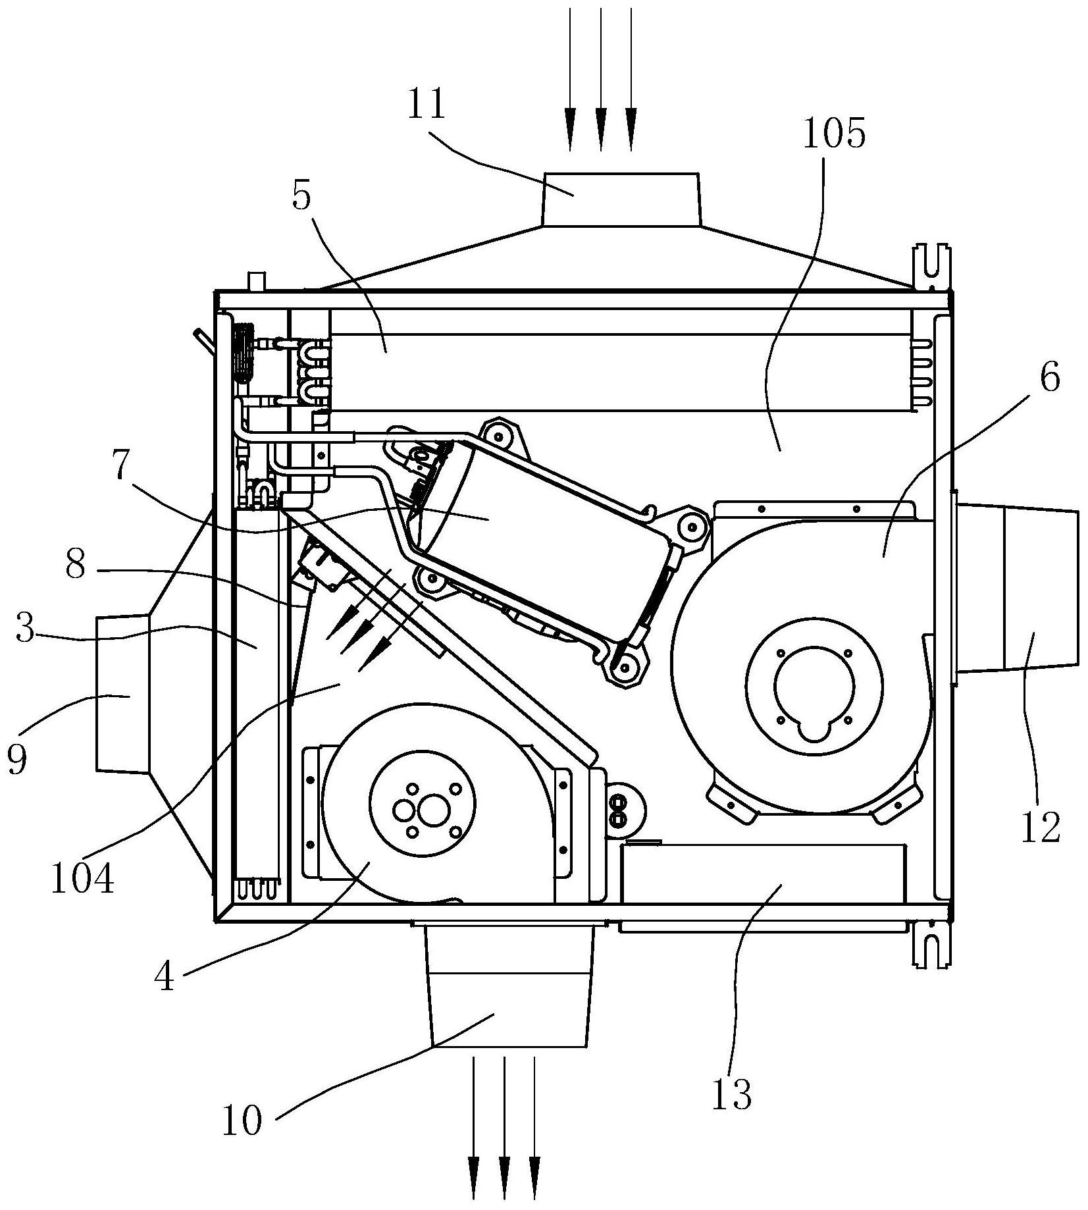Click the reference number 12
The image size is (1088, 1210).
[x=1041, y=828]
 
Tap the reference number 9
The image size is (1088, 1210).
[x=17, y=760]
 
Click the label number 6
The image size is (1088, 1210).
[x=1049, y=378]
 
